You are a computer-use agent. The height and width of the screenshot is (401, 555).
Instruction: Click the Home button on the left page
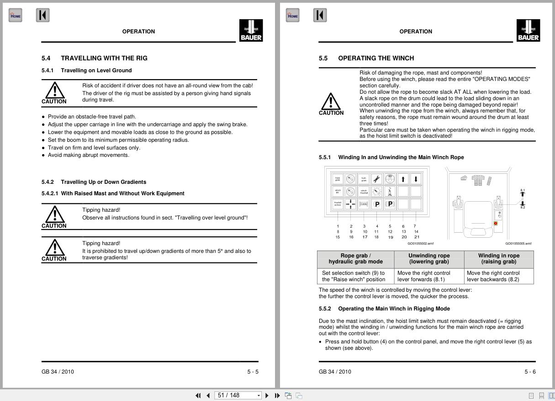(x=15, y=16)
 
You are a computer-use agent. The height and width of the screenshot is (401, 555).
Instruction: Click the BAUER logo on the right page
(x=528, y=30)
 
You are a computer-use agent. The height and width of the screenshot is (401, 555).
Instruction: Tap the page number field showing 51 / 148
(x=239, y=395)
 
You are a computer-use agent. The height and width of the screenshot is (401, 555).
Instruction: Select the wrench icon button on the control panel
(x=377, y=179)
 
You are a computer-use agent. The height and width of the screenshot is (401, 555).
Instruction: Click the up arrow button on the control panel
(x=403, y=179)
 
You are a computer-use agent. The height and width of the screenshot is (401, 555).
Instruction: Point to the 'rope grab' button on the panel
(x=338, y=179)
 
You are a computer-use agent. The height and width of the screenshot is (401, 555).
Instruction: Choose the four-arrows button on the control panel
(x=350, y=204)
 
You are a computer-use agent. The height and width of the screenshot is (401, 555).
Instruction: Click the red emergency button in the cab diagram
(x=496, y=224)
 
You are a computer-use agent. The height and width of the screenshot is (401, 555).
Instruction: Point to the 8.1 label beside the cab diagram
(x=523, y=190)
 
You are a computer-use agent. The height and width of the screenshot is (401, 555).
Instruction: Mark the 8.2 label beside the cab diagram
(x=523, y=207)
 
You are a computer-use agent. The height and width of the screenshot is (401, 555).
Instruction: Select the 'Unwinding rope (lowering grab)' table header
(x=429, y=259)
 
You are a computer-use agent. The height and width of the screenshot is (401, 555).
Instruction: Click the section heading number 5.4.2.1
(x=51, y=193)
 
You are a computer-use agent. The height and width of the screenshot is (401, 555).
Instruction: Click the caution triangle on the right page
(x=331, y=101)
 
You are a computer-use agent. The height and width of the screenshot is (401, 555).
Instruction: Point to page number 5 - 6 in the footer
(x=530, y=372)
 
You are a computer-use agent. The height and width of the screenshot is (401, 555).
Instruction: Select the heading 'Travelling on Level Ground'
(x=96, y=70)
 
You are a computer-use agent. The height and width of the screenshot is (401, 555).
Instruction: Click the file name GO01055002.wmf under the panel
(x=420, y=244)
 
